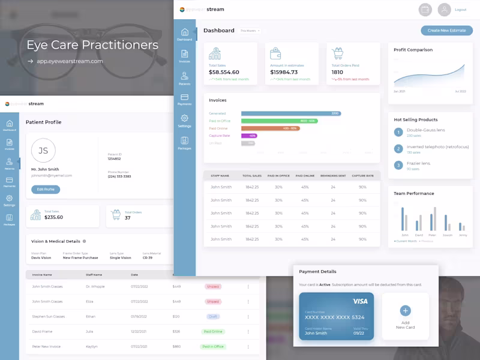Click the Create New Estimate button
446,31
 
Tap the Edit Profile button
46,190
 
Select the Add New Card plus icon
405,310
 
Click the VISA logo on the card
360,301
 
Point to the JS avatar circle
43,151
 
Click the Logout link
460,10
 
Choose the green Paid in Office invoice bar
279,121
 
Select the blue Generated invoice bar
291,113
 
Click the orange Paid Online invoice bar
270,128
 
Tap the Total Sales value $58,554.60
224,72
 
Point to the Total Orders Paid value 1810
337,72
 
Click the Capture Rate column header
362,176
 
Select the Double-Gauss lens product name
426,130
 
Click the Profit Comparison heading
413,50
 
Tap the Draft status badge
213,316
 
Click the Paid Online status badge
213,331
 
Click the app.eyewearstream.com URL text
70,61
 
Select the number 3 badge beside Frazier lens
398,165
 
